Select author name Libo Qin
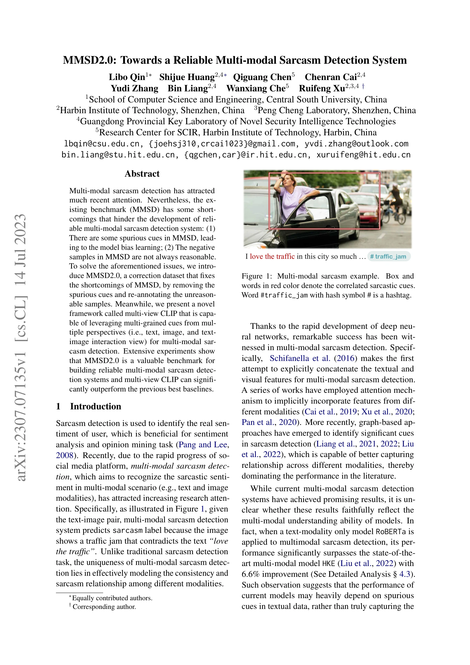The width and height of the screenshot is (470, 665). pyautogui.click(x=127, y=77)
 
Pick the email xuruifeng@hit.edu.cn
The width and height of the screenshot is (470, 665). pyautogui.click(x=363, y=155)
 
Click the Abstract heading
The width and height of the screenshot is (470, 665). pyautogui.click(x=142, y=174)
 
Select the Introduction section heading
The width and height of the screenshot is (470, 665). pyautogui.click(x=95, y=406)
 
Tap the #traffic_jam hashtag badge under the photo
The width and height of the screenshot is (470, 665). pyautogui.click(x=389, y=257)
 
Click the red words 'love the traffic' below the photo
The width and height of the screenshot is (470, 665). pyautogui.click(x=272, y=257)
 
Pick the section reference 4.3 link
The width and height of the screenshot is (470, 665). pyautogui.click(x=404, y=574)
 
